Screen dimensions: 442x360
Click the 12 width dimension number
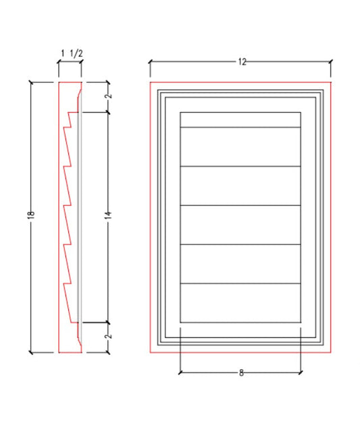[x=241, y=62]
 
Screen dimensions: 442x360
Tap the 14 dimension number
[x=107, y=215]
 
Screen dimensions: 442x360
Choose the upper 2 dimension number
[x=108, y=96]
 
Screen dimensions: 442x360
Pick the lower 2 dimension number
[x=108, y=336]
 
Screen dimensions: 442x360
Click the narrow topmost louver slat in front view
[x=240, y=120]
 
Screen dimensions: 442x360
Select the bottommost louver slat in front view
[x=240, y=303]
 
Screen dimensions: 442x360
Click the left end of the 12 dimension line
[x=149, y=62]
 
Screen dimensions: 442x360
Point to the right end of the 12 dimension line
[x=331, y=62]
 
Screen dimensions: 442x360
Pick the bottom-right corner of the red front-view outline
[x=332, y=352]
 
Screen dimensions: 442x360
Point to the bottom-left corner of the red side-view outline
[x=59, y=352]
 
